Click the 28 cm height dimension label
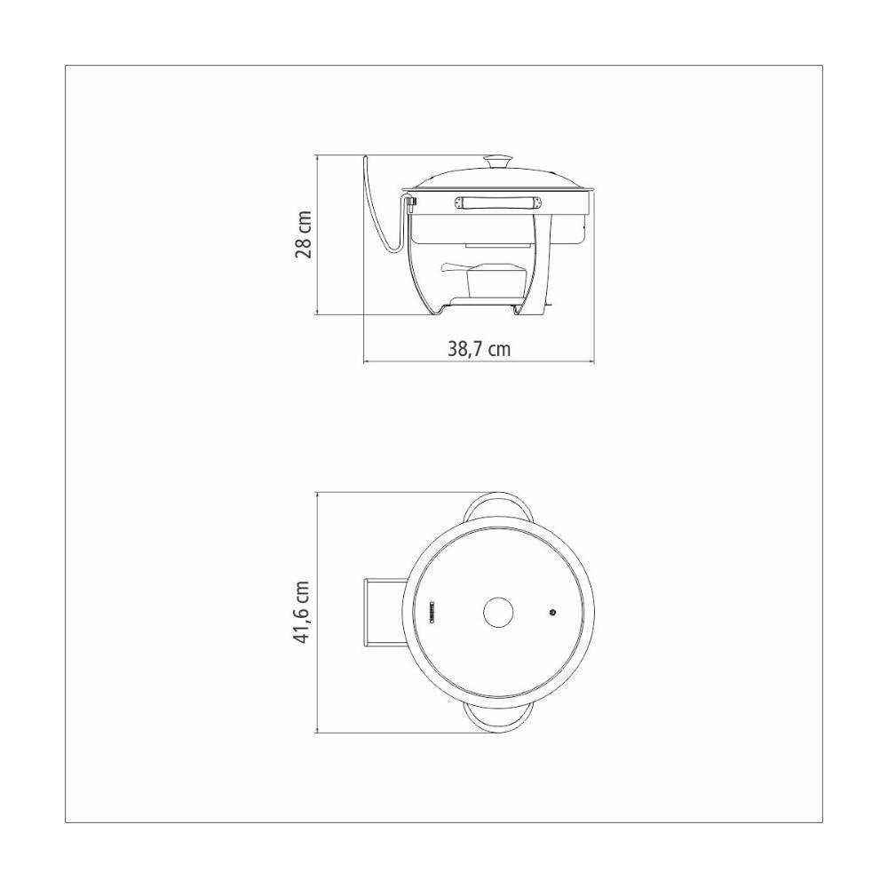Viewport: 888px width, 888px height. point(303,234)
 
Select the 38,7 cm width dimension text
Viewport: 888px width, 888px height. point(478,349)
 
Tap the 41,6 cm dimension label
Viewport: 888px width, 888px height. point(303,613)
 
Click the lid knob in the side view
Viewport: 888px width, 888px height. point(497,162)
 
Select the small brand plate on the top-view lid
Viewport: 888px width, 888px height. point(432,613)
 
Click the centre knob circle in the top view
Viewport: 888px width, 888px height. point(499,612)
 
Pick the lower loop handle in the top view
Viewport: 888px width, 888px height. point(499,720)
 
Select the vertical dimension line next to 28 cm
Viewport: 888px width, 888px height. point(318,234)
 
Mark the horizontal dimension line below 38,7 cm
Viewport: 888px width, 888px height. point(478,362)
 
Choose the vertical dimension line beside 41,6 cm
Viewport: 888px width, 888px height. point(318,613)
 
